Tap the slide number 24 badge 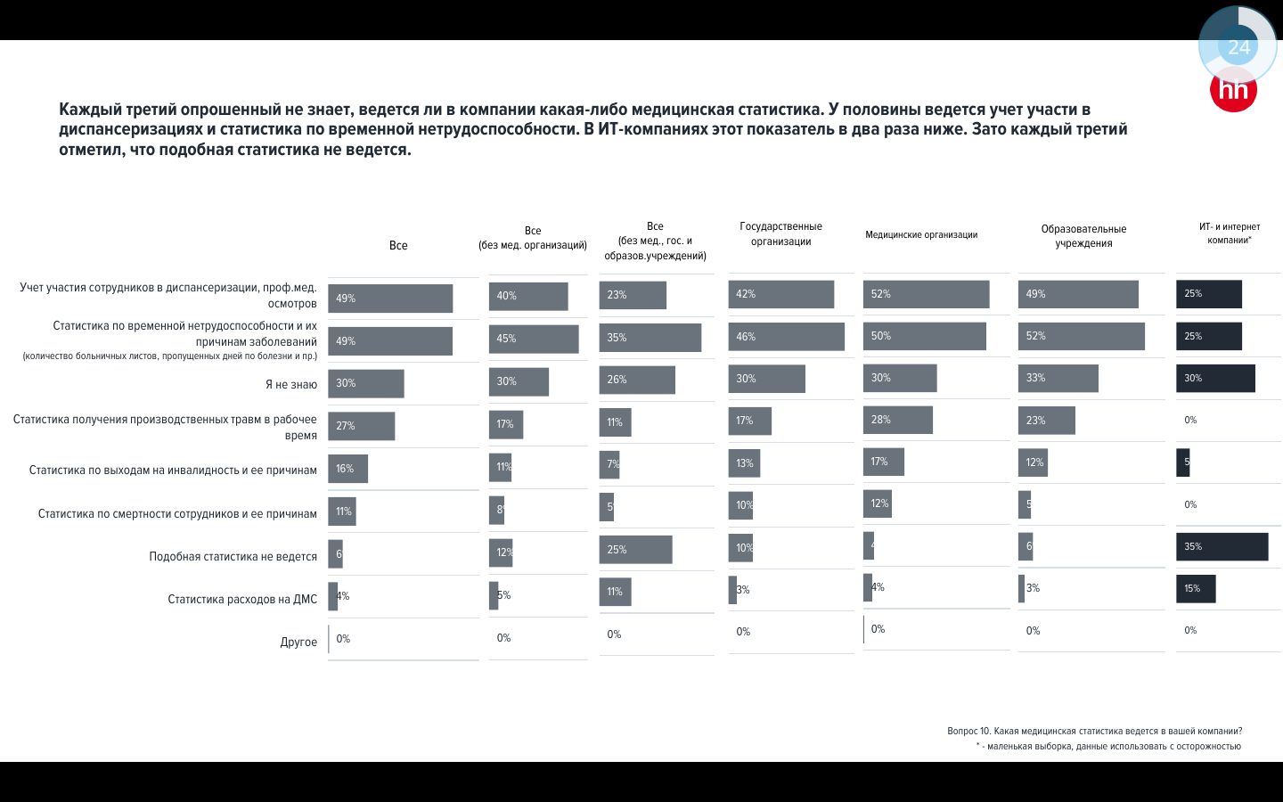(x=1238, y=46)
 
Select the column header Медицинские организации (x=921, y=235)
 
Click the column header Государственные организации (x=780, y=234)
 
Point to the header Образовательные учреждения (x=1083, y=236)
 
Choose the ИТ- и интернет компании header (x=1229, y=233)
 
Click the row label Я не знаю (x=291, y=385)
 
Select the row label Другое (x=298, y=642)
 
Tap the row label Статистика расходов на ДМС (x=242, y=599)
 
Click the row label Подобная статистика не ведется (x=233, y=556)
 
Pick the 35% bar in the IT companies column (x=1222, y=547)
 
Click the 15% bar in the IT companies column (x=1196, y=589)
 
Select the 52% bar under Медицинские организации (x=926, y=294)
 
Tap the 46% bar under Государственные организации (x=786, y=337)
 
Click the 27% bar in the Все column (x=361, y=426)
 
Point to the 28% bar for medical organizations (x=897, y=420)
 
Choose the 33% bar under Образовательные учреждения (x=1058, y=378)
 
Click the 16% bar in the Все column (x=347, y=469)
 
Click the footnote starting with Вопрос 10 (x=1094, y=731)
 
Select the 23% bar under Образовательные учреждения (x=1046, y=421)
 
